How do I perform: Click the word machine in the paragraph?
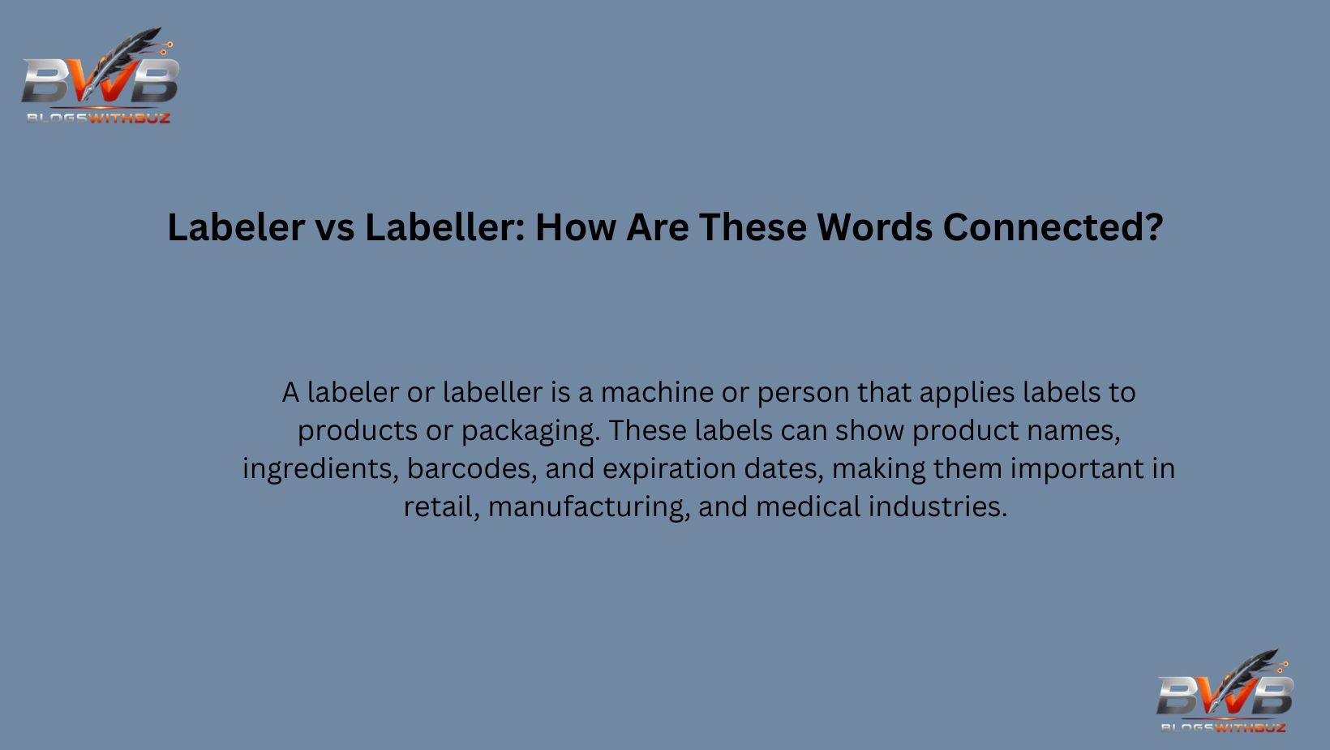coord(657,393)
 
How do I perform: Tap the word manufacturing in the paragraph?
coord(589,507)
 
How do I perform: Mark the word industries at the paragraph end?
coord(937,507)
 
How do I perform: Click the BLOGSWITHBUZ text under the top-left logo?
coord(98,119)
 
